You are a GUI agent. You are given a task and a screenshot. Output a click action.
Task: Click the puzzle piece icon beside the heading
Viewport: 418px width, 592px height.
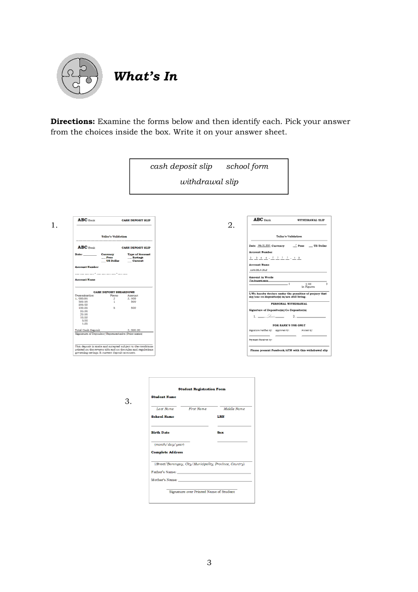(79, 75)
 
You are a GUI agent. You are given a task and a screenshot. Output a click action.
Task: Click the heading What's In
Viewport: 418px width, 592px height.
(146, 76)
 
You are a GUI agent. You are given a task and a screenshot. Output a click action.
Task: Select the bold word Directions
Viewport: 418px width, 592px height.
(72, 122)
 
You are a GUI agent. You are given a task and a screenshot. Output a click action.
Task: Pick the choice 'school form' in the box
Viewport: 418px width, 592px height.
(247, 167)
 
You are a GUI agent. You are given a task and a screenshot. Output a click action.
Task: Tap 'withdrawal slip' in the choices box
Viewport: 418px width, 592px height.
(209, 182)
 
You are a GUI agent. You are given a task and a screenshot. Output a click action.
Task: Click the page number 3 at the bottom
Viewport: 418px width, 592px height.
(209, 563)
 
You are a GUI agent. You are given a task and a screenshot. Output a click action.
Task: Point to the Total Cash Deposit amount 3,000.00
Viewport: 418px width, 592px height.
(134, 330)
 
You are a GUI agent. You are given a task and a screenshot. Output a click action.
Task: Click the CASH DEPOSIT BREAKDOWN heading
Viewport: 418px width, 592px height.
(114, 292)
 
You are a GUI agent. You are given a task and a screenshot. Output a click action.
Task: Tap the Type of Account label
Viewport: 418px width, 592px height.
(139, 254)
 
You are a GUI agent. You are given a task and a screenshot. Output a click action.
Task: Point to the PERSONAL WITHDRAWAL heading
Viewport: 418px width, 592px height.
(289, 304)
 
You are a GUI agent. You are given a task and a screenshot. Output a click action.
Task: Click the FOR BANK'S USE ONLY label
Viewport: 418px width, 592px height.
(289, 325)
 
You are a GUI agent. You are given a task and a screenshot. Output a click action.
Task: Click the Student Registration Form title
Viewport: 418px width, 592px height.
(202, 389)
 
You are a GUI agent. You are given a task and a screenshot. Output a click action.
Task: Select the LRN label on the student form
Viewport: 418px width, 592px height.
(221, 417)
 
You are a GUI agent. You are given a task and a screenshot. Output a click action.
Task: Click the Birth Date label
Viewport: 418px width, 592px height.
(160, 432)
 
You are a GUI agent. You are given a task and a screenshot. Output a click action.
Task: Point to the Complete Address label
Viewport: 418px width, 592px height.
(167, 452)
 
